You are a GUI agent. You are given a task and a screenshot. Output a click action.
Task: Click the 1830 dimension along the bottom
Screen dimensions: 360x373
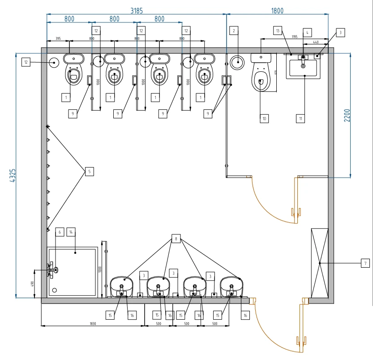[93, 323]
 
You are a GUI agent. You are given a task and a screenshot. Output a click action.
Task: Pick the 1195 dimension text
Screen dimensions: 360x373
[294, 36]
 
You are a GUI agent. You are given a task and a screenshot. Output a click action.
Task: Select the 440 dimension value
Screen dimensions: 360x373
[315, 42]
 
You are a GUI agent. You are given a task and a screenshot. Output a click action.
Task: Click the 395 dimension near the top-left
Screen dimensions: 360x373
[58, 39]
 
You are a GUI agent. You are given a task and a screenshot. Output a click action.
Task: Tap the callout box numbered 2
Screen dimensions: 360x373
[233, 30]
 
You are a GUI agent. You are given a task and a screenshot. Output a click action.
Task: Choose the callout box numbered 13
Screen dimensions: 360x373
[278, 30]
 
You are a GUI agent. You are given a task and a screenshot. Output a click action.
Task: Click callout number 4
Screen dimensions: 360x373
[307, 32]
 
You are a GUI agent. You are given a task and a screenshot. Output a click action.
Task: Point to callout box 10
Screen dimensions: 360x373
[264, 118]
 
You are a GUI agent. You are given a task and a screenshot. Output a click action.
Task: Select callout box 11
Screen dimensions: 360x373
[300, 118]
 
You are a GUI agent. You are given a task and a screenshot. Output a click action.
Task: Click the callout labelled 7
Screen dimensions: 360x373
[365, 263]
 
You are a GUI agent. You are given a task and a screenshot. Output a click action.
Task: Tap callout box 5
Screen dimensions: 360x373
[89, 171]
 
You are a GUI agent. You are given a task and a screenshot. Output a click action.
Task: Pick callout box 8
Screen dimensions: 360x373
[176, 239]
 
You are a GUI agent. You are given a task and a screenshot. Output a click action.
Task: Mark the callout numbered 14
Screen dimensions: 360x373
[71, 232]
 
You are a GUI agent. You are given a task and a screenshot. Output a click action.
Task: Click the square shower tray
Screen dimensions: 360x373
[73, 272]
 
